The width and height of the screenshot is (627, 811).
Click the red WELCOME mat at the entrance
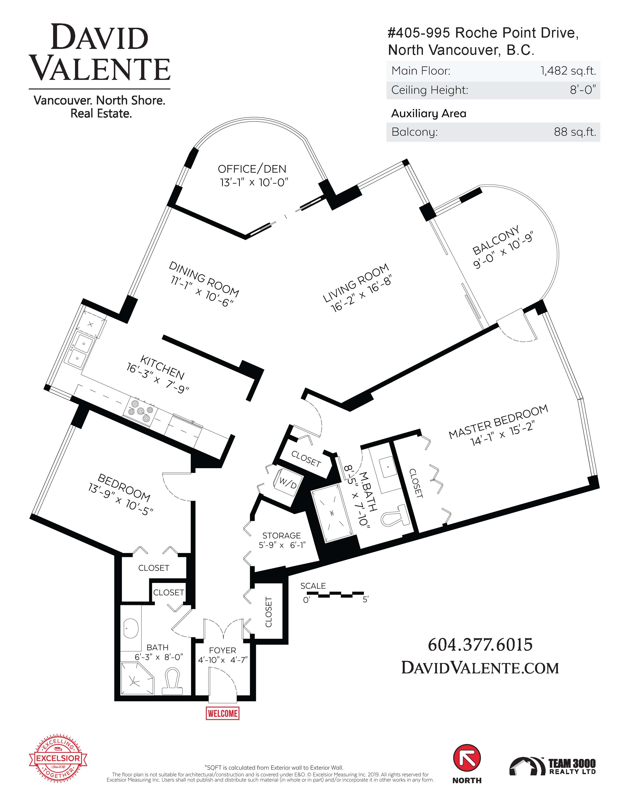coord(223,713)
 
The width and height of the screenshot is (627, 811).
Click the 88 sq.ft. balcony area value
coord(575,132)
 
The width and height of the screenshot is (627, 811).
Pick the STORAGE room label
coord(281,536)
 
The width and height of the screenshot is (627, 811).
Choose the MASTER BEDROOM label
coord(498,422)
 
